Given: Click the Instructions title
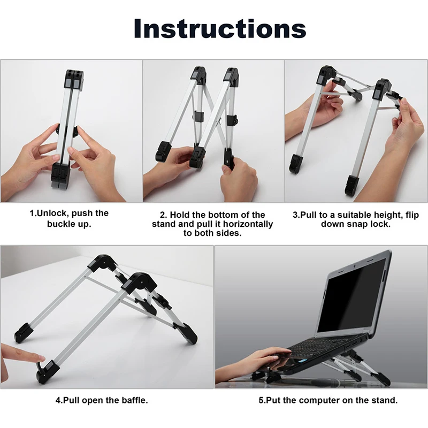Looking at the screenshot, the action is [220, 29].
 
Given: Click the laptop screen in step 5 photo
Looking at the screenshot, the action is [352, 297].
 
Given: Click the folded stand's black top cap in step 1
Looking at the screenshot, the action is [74, 79].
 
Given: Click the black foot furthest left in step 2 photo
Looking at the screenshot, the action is [163, 151].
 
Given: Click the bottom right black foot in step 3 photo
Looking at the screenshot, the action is [353, 185].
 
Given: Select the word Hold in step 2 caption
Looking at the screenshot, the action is [179, 215].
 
